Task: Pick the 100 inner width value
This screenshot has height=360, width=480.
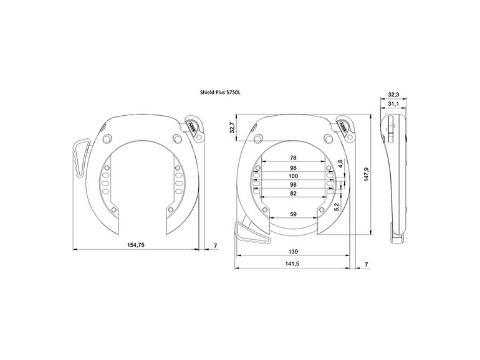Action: [293, 176]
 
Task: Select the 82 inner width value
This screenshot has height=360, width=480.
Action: [293, 194]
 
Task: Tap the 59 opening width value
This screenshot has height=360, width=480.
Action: [293, 215]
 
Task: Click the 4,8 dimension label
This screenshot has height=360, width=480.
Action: [340, 164]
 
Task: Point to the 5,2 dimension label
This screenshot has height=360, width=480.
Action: [337, 206]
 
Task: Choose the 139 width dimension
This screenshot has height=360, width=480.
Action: [293, 252]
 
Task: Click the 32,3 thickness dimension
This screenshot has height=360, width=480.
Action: [393, 94]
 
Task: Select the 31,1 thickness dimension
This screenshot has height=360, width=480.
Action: [393, 103]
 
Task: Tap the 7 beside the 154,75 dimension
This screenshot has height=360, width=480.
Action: [215, 245]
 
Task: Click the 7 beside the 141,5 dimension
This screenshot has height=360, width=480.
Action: [366, 265]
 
